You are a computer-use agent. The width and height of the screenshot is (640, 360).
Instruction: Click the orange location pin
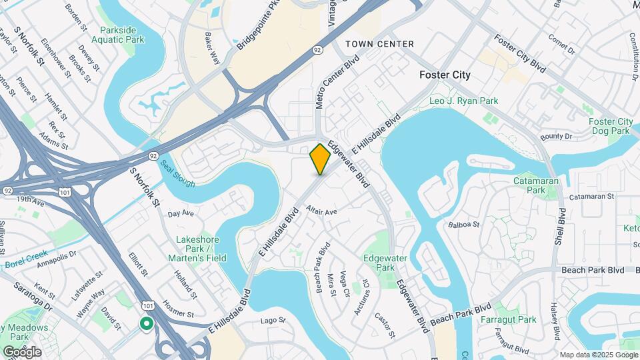[320, 159]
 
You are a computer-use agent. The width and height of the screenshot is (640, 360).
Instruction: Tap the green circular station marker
[146, 324]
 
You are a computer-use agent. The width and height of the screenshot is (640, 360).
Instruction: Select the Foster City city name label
[445, 75]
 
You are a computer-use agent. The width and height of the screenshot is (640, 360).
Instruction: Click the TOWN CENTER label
[379, 44]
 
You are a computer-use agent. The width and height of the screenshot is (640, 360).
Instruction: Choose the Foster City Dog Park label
[611, 126]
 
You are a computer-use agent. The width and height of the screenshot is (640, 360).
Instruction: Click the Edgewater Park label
[380, 262]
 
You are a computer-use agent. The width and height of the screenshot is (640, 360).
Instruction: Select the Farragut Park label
[508, 320]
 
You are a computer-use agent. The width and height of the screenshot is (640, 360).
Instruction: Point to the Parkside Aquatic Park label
[122, 35]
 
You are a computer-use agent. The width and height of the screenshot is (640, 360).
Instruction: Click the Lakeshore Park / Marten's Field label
[201, 249]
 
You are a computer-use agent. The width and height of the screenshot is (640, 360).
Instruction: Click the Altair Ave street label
[321, 211]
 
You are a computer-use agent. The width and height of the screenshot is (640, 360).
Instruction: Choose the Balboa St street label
[464, 225]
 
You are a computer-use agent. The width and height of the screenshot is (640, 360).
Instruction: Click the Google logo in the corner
[22, 352]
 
